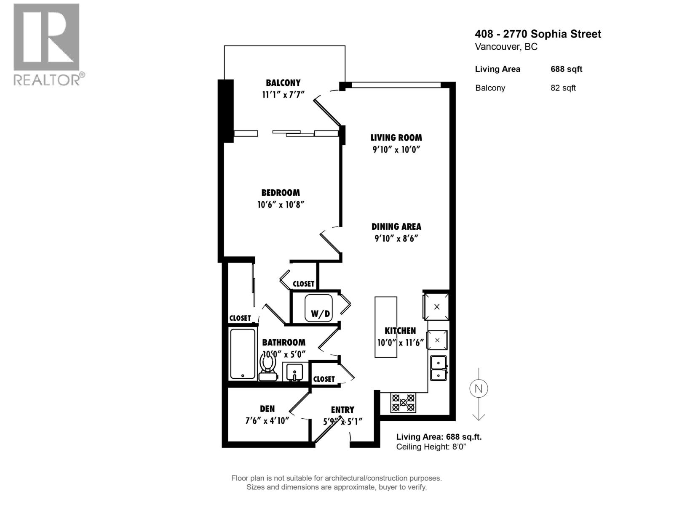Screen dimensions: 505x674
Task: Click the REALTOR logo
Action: click(47, 44)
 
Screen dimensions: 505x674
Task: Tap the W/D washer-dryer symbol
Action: click(319, 308)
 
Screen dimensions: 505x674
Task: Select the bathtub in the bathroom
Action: click(243, 354)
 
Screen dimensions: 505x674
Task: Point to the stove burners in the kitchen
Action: click(403, 402)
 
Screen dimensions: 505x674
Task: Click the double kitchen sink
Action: click(439, 368)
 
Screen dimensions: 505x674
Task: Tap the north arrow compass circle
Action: click(479, 388)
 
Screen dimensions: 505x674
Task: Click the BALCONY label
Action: click(283, 83)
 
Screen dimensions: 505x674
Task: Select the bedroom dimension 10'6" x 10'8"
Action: click(281, 205)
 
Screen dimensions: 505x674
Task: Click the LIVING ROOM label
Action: click(396, 138)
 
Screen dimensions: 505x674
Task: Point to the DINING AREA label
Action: click(396, 226)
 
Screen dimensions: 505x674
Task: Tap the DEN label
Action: click(267, 409)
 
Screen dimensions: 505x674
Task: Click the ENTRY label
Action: click(342, 409)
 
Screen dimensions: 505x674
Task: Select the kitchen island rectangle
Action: click(386, 327)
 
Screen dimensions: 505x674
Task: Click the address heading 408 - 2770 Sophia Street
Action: click(538, 34)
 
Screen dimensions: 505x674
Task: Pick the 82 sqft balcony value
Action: click(563, 88)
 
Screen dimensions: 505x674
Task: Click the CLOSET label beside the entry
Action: click(324, 379)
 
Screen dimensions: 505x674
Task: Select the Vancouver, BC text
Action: click(506, 47)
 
